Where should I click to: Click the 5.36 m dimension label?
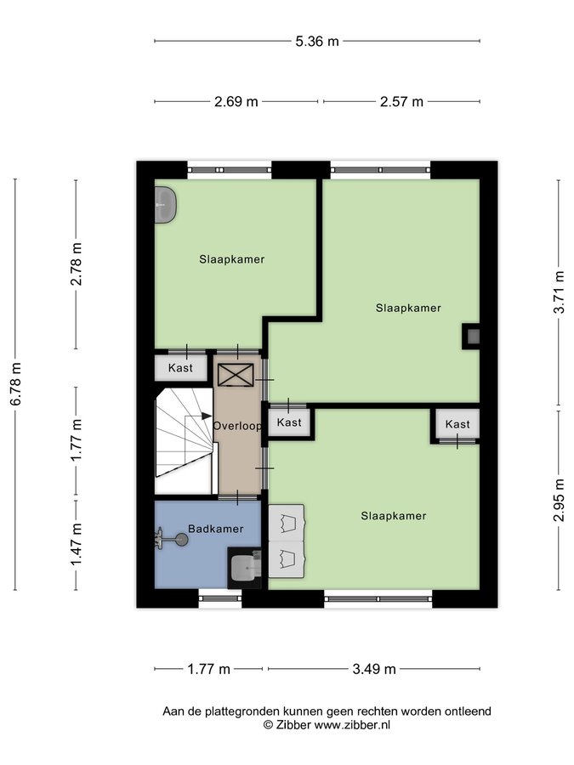(317, 42)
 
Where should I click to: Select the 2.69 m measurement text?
(236, 102)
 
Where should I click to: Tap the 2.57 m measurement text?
(401, 102)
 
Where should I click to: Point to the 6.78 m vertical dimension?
(15, 384)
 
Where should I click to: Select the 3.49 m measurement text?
(374, 669)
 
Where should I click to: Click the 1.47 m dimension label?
(77, 545)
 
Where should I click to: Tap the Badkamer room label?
(216, 529)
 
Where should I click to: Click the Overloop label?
(237, 426)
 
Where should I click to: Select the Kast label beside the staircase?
(180, 368)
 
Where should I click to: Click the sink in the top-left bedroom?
(166, 205)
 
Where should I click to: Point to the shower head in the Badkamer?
(171, 539)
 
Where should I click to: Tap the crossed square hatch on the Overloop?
(236, 375)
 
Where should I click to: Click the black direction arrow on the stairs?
(206, 416)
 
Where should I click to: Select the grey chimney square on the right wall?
(473, 336)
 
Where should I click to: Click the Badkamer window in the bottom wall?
(219, 598)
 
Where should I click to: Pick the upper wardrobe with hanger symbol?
(287, 523)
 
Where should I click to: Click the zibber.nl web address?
(352, 725)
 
